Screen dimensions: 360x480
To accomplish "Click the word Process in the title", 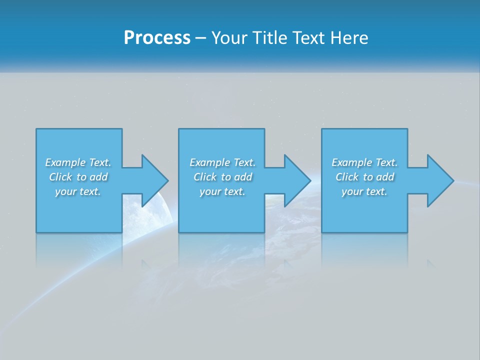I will [157, 38].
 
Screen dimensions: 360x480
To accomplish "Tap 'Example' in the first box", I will [65, 162].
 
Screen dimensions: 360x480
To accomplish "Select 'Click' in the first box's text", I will [60, 177].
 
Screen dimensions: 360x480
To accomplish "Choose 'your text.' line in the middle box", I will [222, 191].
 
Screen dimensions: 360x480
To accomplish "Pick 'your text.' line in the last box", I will [364, 191].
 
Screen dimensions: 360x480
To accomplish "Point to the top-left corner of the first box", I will [36, 129].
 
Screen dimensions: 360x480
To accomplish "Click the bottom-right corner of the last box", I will [407, 232].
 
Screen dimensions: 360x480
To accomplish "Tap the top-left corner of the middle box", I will [179, 129].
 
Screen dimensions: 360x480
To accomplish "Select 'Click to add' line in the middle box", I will [222, 177].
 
